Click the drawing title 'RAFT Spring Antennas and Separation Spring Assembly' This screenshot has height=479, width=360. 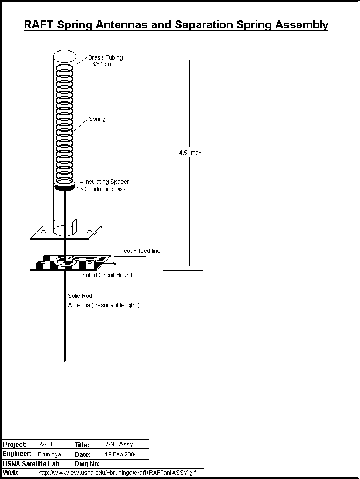[x=176, y=25]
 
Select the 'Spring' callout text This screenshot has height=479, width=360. [x=97, y=119]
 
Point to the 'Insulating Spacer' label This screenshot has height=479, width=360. [x=106, y=182]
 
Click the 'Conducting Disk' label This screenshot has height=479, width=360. [x=105, y=189]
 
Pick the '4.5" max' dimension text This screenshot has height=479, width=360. [x=190, y=153]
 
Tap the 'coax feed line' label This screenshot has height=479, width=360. [x=142, y=251]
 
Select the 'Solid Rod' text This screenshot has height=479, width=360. [x=80, y=296]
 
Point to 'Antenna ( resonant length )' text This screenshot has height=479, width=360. [x=103, y=305]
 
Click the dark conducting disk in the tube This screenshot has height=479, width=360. [x=65, y=187]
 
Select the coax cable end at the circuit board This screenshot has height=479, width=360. [x=115, y=260]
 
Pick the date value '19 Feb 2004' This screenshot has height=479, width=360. [x=121, y=454]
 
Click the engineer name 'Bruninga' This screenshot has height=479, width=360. [x=49, y=454]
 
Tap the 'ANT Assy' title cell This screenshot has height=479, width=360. [x=119, y=445]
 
